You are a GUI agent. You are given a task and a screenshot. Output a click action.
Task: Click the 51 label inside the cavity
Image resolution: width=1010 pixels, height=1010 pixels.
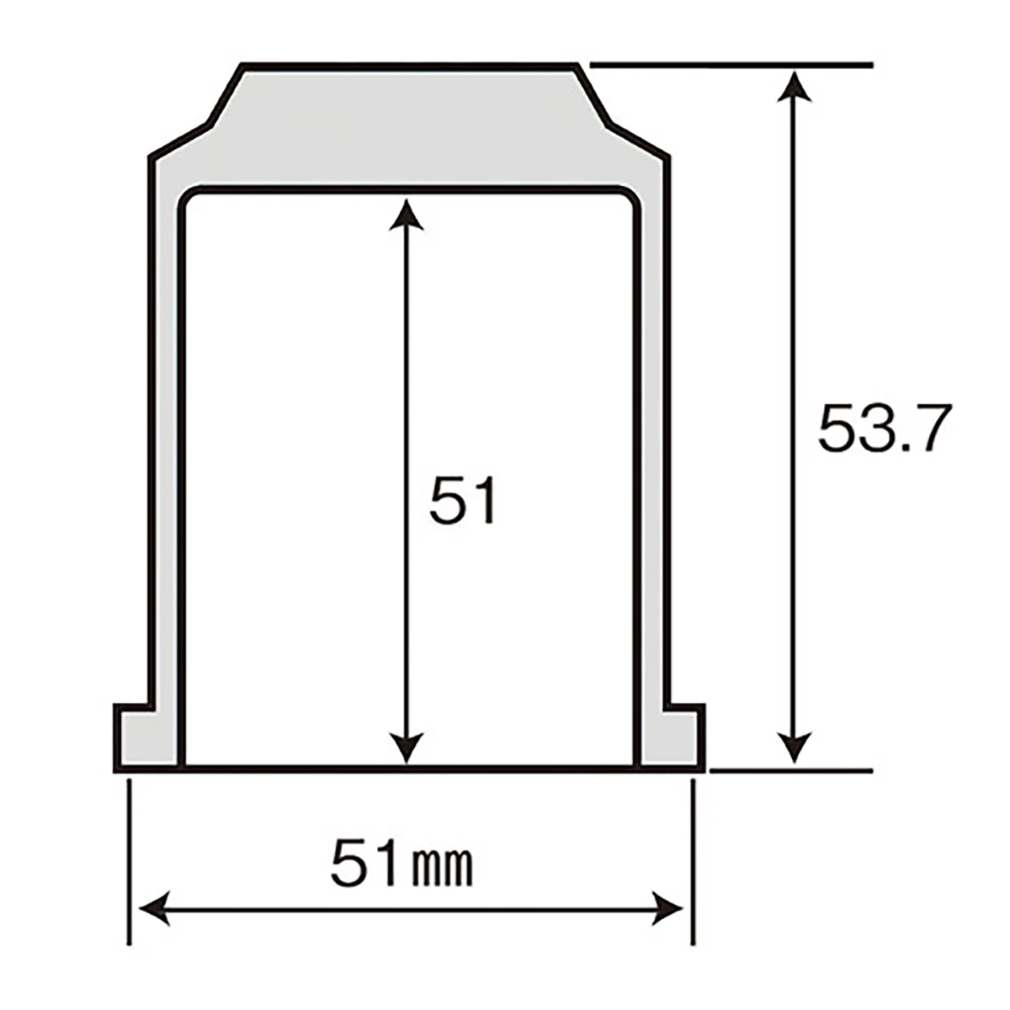pos(462,500)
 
